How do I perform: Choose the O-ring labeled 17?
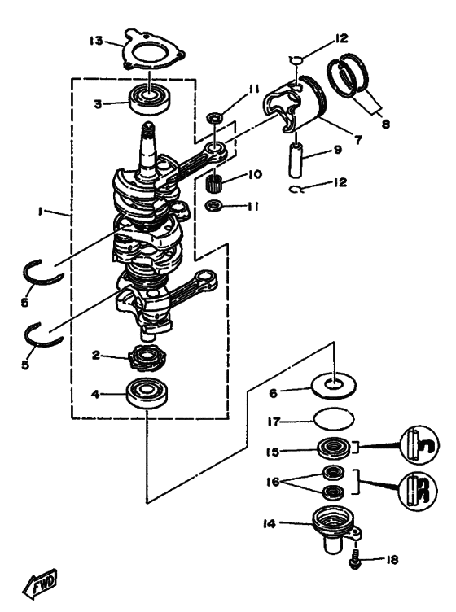click(333, 422)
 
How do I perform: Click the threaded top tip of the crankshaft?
click(149, 129)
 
